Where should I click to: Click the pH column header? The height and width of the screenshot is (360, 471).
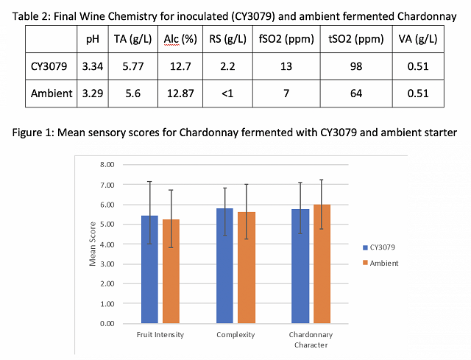(92, 38)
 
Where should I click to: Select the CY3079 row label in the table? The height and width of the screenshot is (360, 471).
(51, 67)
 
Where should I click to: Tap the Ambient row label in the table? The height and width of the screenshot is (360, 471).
(52, 93)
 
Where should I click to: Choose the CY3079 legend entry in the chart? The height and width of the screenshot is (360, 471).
(382, 247)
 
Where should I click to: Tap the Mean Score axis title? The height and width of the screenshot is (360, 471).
(93, 244)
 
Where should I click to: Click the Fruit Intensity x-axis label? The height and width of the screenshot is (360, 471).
(160, 334)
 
